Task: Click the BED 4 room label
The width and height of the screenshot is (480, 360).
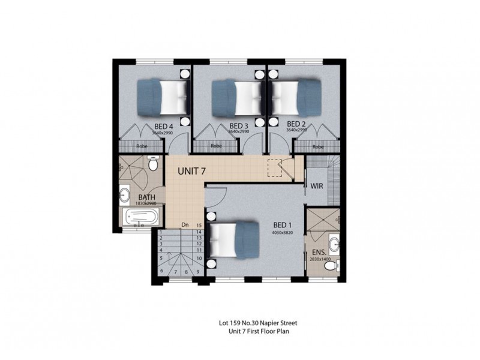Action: point(164,126)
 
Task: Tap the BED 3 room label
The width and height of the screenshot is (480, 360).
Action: point(239,126)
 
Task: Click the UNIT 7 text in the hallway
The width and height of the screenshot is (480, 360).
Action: point(192,171)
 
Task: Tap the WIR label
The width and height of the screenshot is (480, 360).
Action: point(317,186)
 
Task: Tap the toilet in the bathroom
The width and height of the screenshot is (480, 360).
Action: point(153,163)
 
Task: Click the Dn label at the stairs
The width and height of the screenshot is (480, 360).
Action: point(186,225)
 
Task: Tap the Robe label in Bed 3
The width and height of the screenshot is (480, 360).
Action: point(216,146)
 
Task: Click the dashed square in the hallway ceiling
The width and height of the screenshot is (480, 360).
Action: point(275,169)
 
